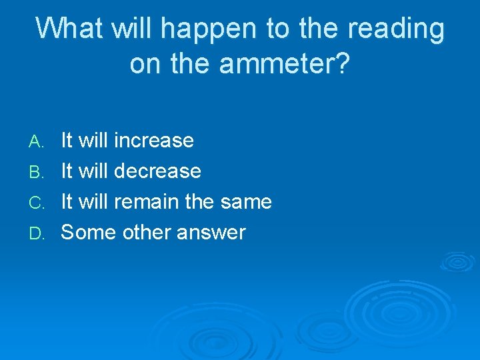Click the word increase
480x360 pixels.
click(153, 141)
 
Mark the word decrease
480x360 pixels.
click(157, 171)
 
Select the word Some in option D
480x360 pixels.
click(85, 233)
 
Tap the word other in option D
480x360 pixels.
click(143, 233)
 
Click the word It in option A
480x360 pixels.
click(67, 141)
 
